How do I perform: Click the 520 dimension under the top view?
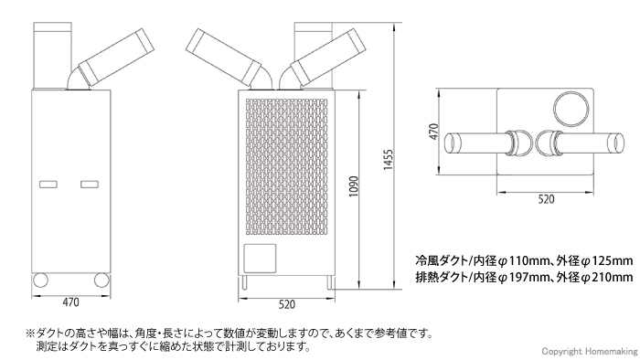[x=547, y=197]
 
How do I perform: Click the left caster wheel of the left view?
[x=40, y=281]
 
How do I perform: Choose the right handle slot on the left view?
[x=90, y=185]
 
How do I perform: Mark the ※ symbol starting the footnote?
[x=30, y=334]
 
